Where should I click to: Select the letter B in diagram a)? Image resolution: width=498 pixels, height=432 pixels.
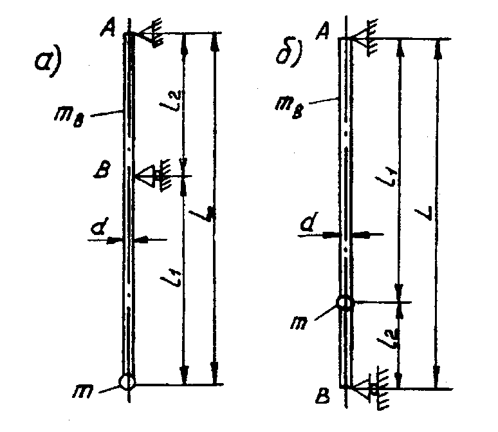[x=106, y=173]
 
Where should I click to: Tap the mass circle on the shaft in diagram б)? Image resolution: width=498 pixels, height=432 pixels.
[x=346, y=302]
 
